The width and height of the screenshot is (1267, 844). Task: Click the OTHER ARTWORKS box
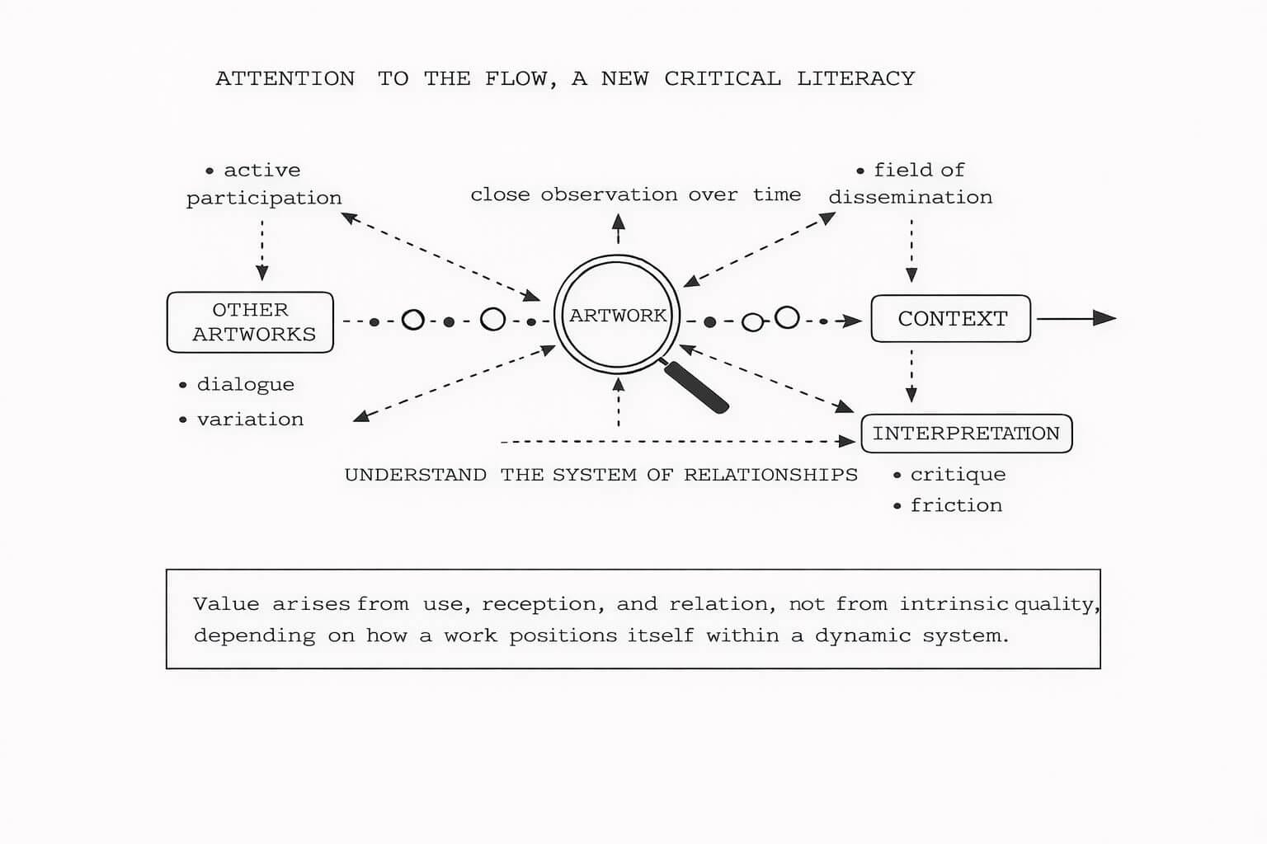[x=251, y=322]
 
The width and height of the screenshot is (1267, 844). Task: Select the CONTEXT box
[x=951, y=319]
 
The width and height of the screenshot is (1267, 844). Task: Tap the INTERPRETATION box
[x=966, y=434]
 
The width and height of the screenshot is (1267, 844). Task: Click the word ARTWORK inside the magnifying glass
[x=618, y=316]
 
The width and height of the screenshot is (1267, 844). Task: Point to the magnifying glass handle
[x=697, y=387]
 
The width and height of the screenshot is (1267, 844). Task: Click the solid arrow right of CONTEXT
[x=1076, y=318]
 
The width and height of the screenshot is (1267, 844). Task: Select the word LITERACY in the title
[x=855, y=79]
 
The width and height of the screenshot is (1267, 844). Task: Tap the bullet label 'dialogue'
[x=245, y=385]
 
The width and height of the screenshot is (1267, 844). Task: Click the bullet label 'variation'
[x=250, y=420]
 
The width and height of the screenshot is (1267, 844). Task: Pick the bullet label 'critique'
[x=958, y=475]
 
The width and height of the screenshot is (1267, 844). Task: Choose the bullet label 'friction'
[x=956, y=505]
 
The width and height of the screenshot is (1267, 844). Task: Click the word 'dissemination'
[x=911, y=198]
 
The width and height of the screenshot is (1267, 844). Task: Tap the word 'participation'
[x=264, y=199]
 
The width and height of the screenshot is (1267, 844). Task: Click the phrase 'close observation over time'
[x=635, y=195]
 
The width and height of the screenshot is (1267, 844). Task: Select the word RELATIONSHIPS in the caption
[x=770, y=476]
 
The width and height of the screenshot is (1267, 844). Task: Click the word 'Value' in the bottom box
[x=225, y=604]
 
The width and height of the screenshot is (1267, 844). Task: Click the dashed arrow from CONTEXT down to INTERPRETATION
[x=911, y=375]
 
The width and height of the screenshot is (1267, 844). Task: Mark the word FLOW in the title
[x=516, y=79]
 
